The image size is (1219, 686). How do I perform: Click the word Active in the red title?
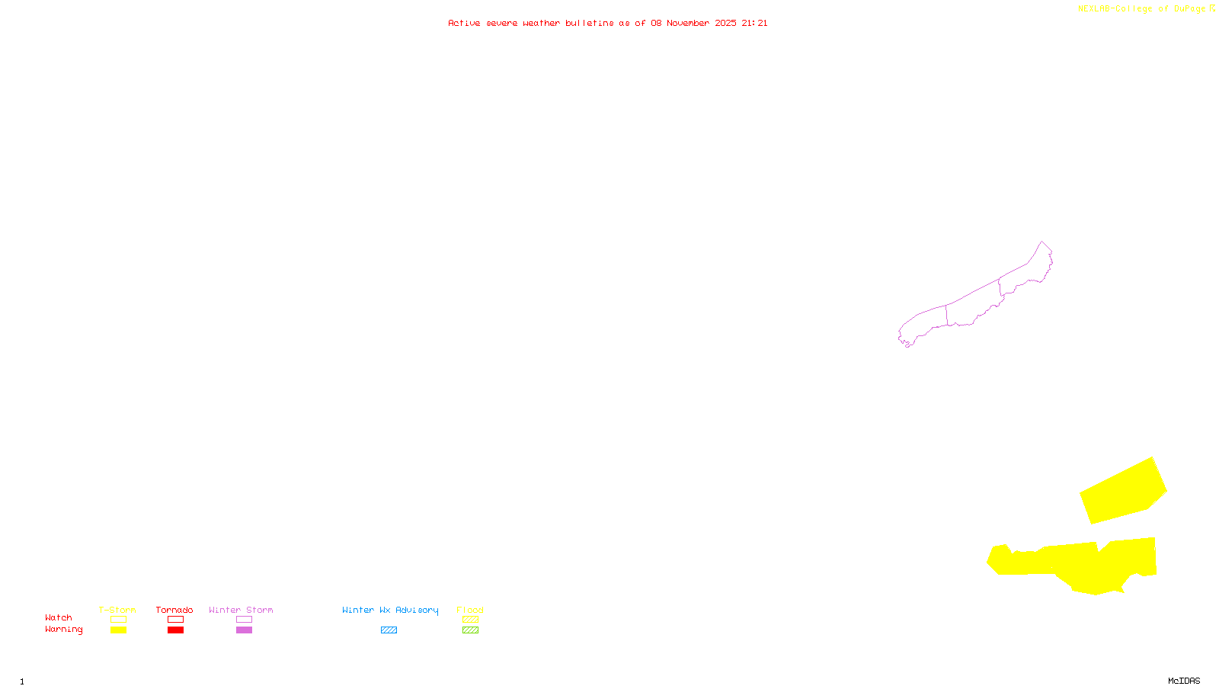pos(464,23)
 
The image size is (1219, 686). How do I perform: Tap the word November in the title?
pos(688,23)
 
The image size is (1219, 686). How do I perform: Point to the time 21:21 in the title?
pos(754,23)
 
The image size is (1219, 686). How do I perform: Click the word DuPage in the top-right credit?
pos(1189,8)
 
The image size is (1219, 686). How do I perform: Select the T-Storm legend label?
pos(117,610)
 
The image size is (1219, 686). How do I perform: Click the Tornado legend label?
pos(174,610)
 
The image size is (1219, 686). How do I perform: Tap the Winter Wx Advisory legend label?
pos(390,610)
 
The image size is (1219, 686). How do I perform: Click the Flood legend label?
pos(470,610)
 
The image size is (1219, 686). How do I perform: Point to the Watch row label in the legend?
pos(59,618)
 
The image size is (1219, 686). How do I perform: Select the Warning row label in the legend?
pos(64,630)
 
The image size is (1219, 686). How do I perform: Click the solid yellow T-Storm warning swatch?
pos(118,630)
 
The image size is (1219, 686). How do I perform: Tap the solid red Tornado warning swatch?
pos(175,630)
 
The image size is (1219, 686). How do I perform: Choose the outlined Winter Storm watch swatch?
pos(244,620)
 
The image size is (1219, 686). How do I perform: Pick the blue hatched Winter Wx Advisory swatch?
pos(389,630)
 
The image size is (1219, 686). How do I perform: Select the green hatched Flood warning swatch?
pos(471,630)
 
